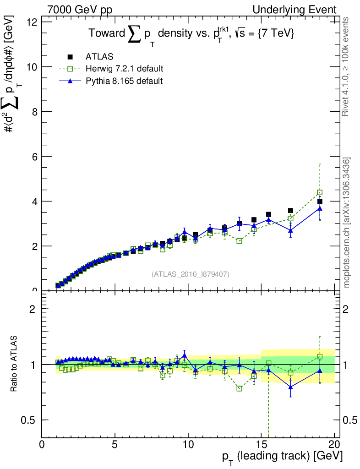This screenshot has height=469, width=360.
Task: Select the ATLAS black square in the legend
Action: click(x=71, y=57)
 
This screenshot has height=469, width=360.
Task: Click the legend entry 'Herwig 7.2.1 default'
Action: click(x=124, y=69)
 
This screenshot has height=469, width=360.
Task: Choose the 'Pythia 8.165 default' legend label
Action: click(x=124, y=81)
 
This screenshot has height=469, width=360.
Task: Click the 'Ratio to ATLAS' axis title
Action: click(x=14, y=364)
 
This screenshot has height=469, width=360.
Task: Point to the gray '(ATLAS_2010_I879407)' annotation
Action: click(x=191, y=274)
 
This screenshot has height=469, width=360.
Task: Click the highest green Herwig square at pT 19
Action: click(x=320, y=192)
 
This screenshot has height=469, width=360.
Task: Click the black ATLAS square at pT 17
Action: click(x=290, y=211)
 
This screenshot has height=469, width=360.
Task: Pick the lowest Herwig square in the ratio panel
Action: click(x=239, y=388)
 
